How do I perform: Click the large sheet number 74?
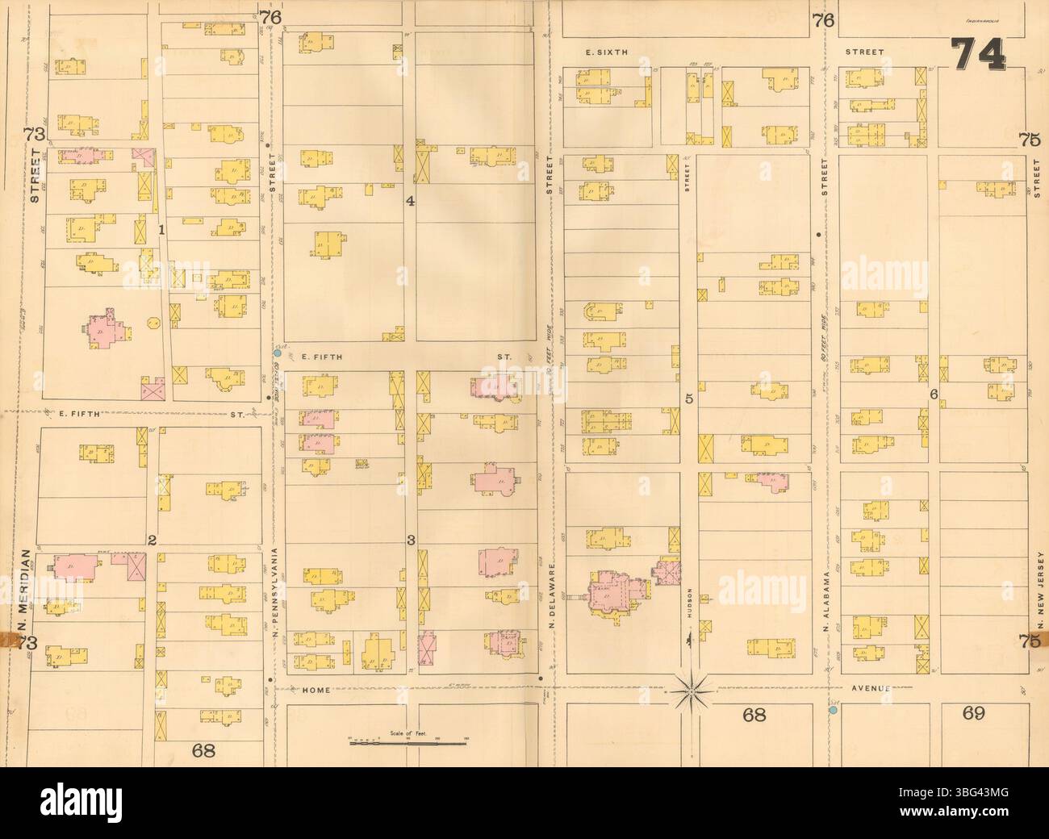[x=978, y=56]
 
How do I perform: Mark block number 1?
[x=161, y=230]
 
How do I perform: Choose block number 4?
[x=410, y=201]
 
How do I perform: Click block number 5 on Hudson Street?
[x=689, y=398]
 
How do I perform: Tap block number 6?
[x=933, y=394]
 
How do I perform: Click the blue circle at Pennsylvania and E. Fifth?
[x=277, y=353]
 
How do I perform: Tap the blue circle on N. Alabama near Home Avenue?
[x=832, y=711]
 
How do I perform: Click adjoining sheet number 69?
[x=975, y=712]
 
